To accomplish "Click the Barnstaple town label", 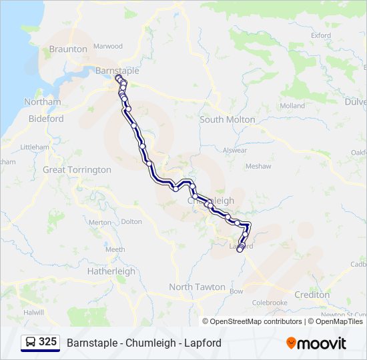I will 117,70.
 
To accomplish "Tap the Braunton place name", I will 68,49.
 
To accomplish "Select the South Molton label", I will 228,119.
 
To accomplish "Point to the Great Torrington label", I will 77,170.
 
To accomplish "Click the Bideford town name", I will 46,119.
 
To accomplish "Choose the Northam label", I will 42,102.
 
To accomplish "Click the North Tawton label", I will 197,287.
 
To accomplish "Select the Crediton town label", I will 312,295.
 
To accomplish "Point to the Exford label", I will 320,35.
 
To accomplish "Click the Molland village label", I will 292,106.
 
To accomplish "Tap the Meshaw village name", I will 258,166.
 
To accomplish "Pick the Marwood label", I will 108,46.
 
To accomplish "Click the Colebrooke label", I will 270,303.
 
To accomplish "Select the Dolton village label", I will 132,221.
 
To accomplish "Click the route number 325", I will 47,342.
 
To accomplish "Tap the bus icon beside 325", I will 31,343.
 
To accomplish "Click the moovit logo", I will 316,343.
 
